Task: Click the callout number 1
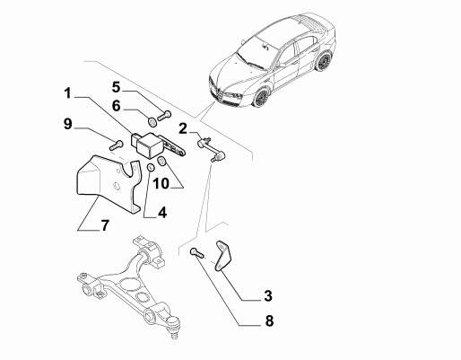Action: pyautogui.click(x=68, y=93)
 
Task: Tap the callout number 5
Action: pyautogui.click(x=117, y=87)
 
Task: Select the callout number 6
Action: pyautogui.click(x=117, y=106)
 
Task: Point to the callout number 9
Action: pyautogui.click(x=68, y=124)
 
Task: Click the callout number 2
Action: pyautogui.click(x=183, y=129)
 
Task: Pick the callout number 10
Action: pyautogui.click(x=161, y=183)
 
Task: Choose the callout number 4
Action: pyautogui.click(x=162, y=213)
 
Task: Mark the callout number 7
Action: pyautogui.click(x=104, y=225)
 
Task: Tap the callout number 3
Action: pyautogui.click(x=268, y=295)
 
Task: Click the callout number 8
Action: pyautogui.click(x=269, y=321)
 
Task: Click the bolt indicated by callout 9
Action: pyautogui.click(x=117, y=145)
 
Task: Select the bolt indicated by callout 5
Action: pyautogui.click(x=164, y=116)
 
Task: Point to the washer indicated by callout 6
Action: pyautogui.click(x=152, y=121)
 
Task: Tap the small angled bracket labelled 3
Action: pyautogui.click(x=223, y=256)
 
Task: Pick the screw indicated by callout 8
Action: pyautogui.click(x=196, y=253)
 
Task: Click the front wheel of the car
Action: pyautogui.click(x=262, y=96)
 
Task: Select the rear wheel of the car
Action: pyautogui.click(x=323, y=61)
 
